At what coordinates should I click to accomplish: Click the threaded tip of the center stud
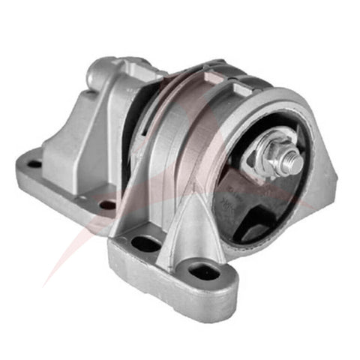[295, 162]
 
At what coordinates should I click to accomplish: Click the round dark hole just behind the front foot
[107, 204]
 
